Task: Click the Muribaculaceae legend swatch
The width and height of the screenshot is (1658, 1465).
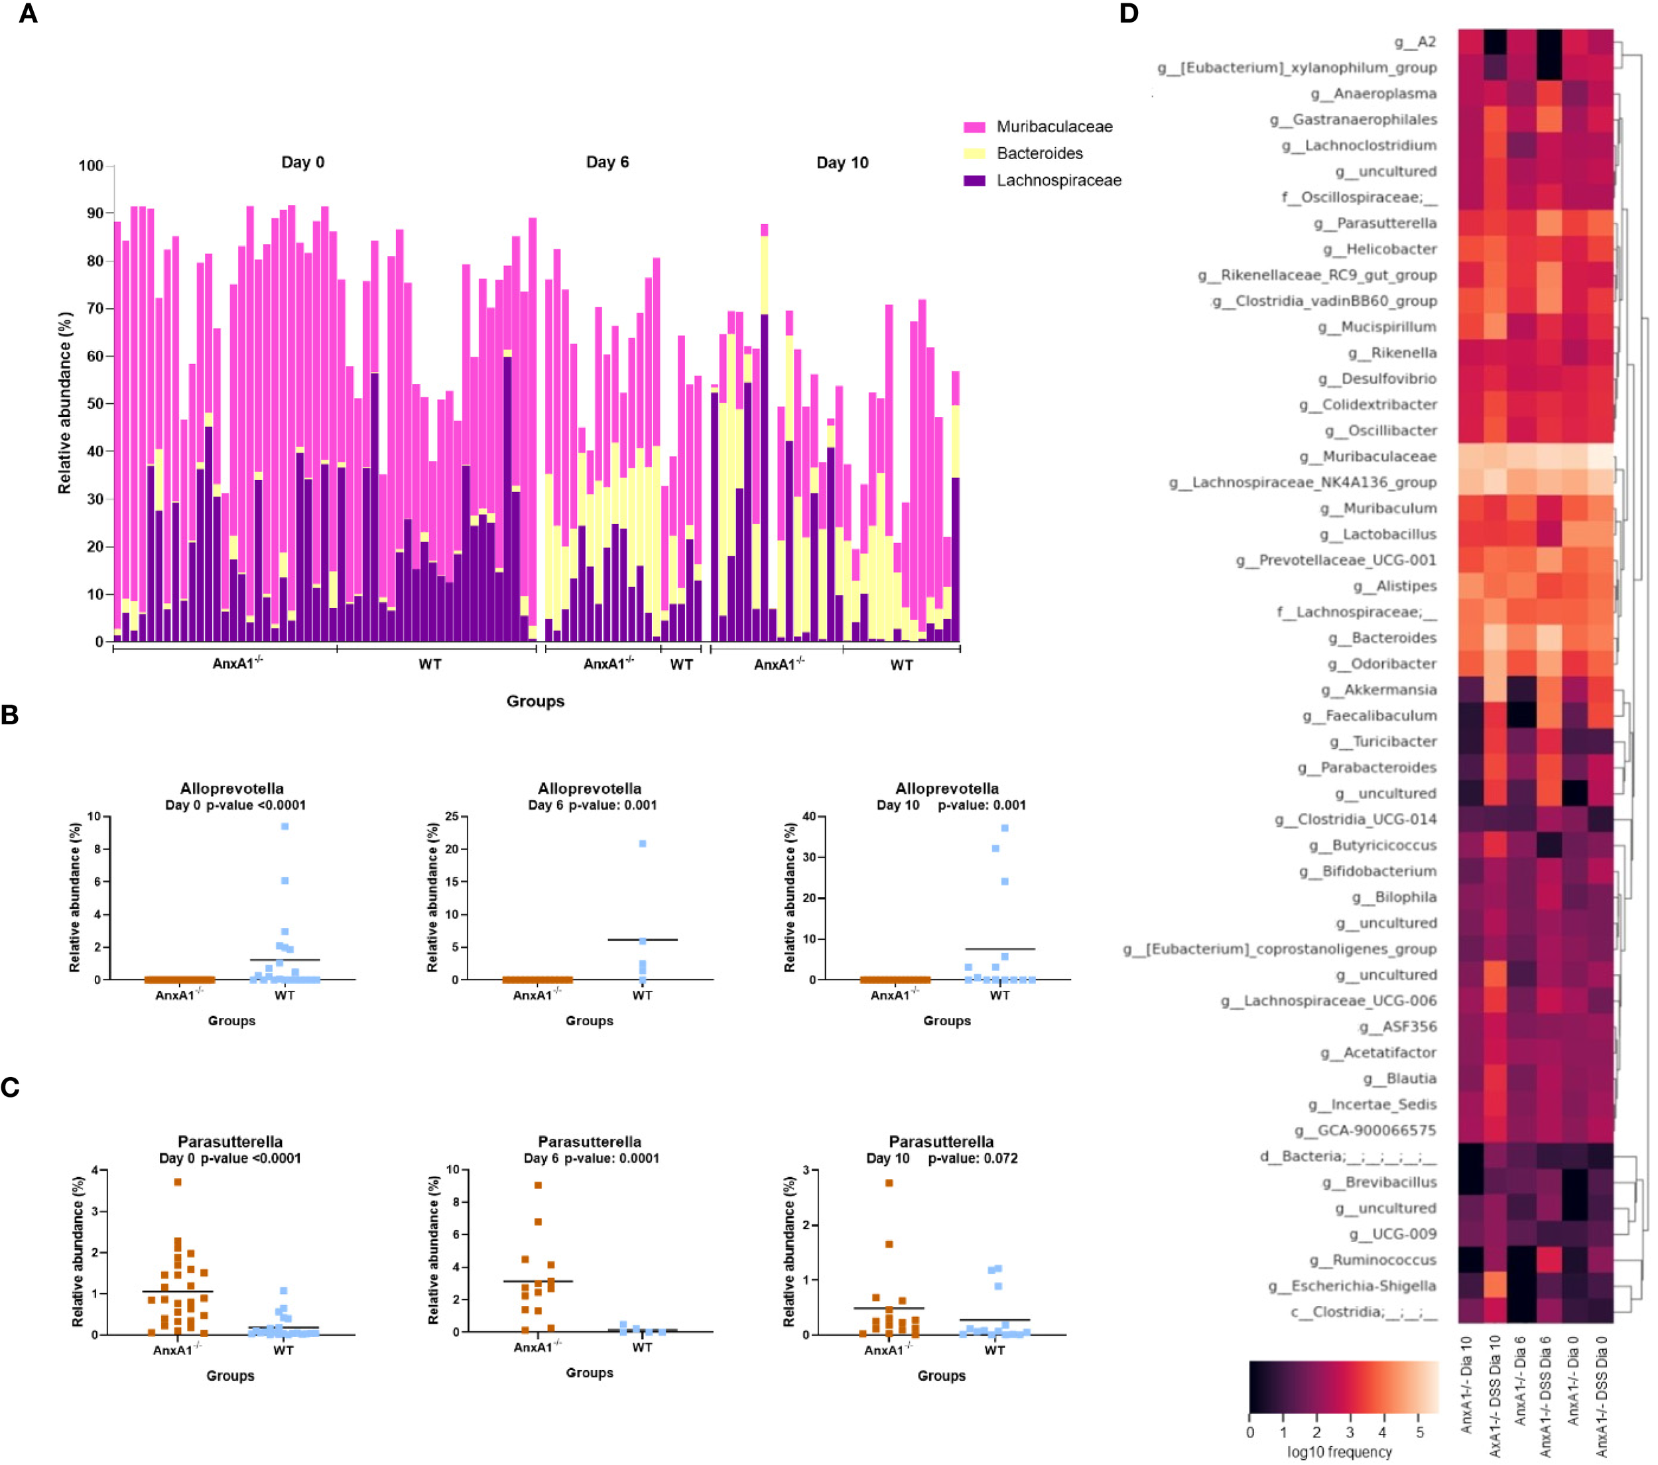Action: coord(974,127)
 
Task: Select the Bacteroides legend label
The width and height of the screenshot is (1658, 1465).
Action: coord(1039,153)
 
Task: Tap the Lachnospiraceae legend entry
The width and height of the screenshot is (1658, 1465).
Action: coord(1058,180)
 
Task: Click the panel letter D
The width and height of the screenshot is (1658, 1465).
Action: coord(1128,14)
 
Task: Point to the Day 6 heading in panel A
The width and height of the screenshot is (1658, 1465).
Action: coord(607,162)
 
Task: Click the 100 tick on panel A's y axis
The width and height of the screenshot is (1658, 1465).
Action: coord(91,166)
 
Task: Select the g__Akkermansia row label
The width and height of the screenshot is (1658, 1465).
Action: coord(1389,690)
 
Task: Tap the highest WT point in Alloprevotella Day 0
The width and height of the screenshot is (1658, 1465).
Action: coord(285,826)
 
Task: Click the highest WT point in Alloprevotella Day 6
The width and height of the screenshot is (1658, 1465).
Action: coord(643,844)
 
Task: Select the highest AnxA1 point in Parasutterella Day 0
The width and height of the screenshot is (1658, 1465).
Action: coord(178,1182)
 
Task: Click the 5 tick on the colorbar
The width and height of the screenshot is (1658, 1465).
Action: coord(1419,1433)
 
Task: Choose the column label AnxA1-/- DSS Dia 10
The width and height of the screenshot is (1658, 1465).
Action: coord(1495,1395)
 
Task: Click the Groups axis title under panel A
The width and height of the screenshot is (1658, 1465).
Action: coord(535,701)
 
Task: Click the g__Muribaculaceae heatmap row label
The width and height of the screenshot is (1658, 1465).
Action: coord(1379,457)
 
